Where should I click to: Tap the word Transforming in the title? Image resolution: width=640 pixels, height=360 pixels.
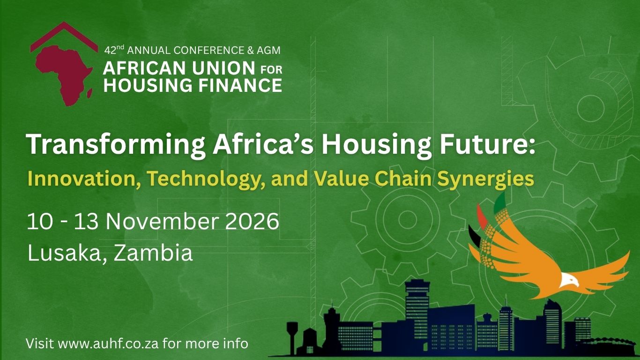click(x=116, y=145)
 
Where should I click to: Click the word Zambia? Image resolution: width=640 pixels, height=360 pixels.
click(x=153, y=253)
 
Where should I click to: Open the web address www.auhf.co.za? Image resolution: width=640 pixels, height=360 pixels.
click(x=108, y=344)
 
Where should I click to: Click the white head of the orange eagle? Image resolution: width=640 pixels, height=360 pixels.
click(x=569, y=280)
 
